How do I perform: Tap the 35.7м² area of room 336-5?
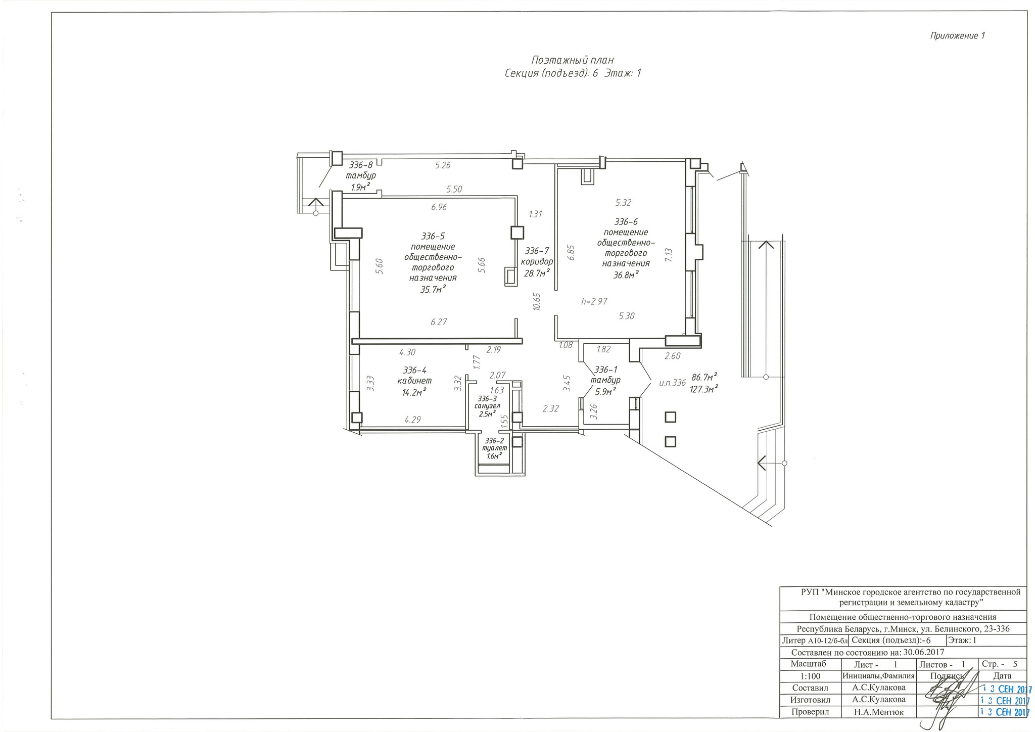433,289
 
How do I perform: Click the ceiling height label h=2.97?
594,301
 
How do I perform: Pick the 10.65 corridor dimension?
537,301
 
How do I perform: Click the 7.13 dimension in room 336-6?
669,254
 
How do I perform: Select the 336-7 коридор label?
537,256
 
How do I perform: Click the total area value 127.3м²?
704,389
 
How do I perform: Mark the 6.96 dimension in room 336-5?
439,207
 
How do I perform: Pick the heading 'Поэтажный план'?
573,61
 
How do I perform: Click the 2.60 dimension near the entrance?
673,355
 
